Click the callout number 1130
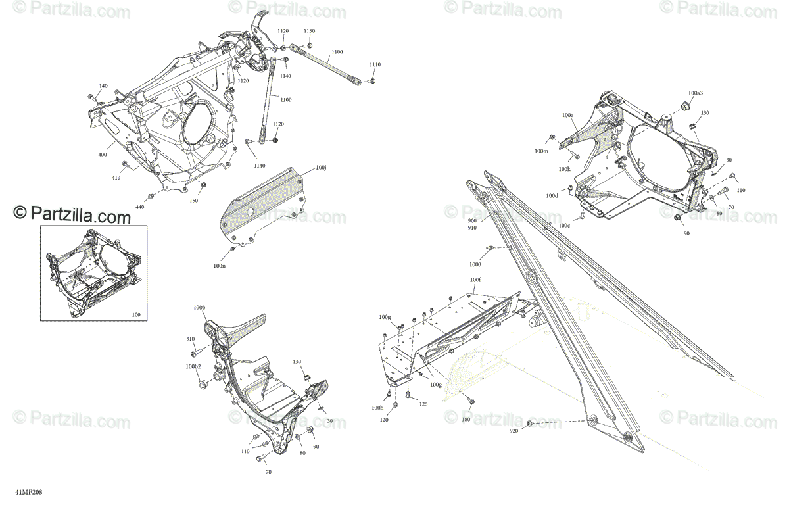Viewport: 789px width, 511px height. tap(309, 31)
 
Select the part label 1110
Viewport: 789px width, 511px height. tap(375, 64)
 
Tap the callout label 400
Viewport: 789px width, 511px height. tap(103, 154)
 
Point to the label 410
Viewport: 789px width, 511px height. tap(116, 178)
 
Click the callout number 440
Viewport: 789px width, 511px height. tap(139, 207)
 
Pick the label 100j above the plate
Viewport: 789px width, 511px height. tap(321, 168)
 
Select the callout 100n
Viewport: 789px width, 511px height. tap(220, 265)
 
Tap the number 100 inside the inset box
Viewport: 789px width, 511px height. tap(136, 315)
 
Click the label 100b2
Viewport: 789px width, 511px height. tap(193, 366)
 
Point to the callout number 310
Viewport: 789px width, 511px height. tap(191, 339)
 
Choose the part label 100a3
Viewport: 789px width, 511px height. tap(696, 93)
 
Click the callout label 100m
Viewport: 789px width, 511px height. tap(540, 151)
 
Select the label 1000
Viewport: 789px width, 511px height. tap(475, 264)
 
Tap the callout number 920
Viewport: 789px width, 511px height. tap(514, 431)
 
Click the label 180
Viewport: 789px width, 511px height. tap(466, 419)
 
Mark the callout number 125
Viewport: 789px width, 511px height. tap(423, 404)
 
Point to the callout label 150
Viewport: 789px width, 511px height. tap(194, 200)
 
